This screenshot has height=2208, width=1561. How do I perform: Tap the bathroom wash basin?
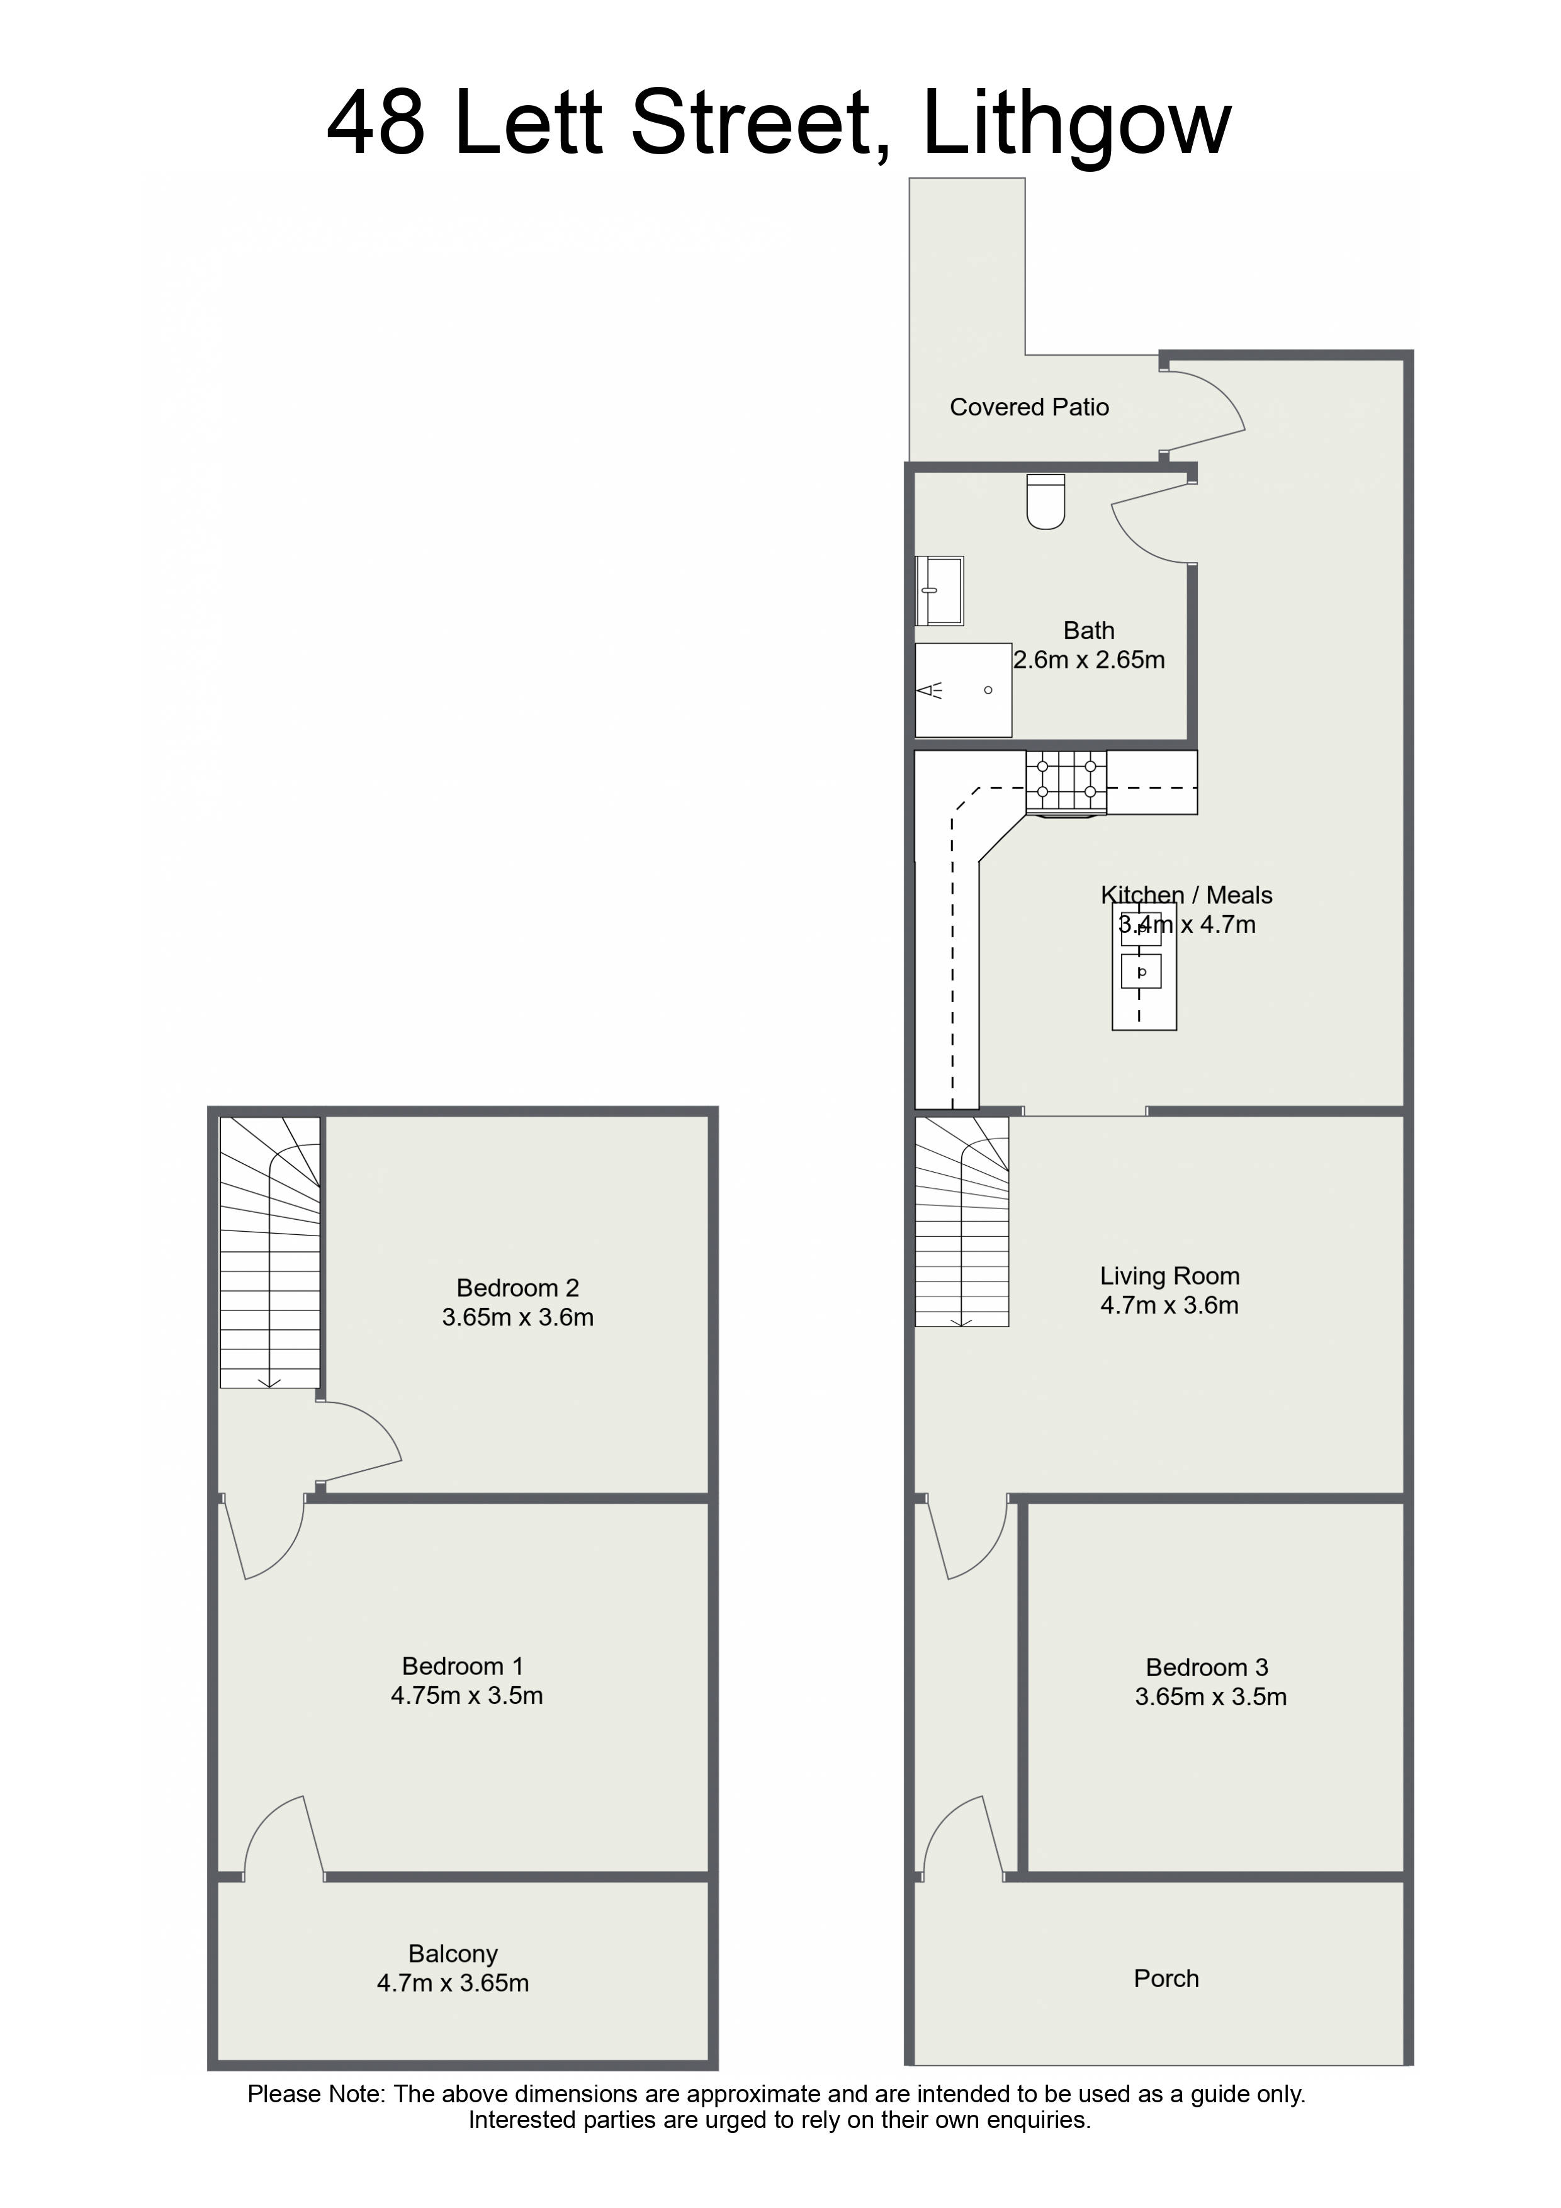940,590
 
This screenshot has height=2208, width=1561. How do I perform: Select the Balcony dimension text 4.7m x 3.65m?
453,1982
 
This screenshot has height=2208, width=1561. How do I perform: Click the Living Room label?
1169,1275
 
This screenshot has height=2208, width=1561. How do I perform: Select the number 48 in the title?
376,123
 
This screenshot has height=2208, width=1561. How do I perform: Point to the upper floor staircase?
270,1252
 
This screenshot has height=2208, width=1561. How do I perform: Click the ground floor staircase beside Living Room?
962,1221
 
